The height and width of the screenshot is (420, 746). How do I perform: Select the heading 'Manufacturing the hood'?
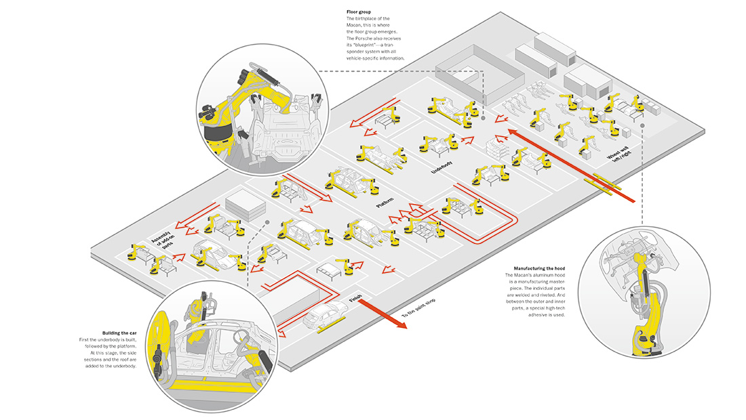(535, 269)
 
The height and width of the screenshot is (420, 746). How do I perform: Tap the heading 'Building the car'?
(119, 333)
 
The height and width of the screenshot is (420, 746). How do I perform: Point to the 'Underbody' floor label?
(441, 167)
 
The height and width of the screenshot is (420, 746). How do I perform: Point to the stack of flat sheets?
(243, 205)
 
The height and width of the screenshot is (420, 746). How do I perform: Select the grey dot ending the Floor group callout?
(484, 117)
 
